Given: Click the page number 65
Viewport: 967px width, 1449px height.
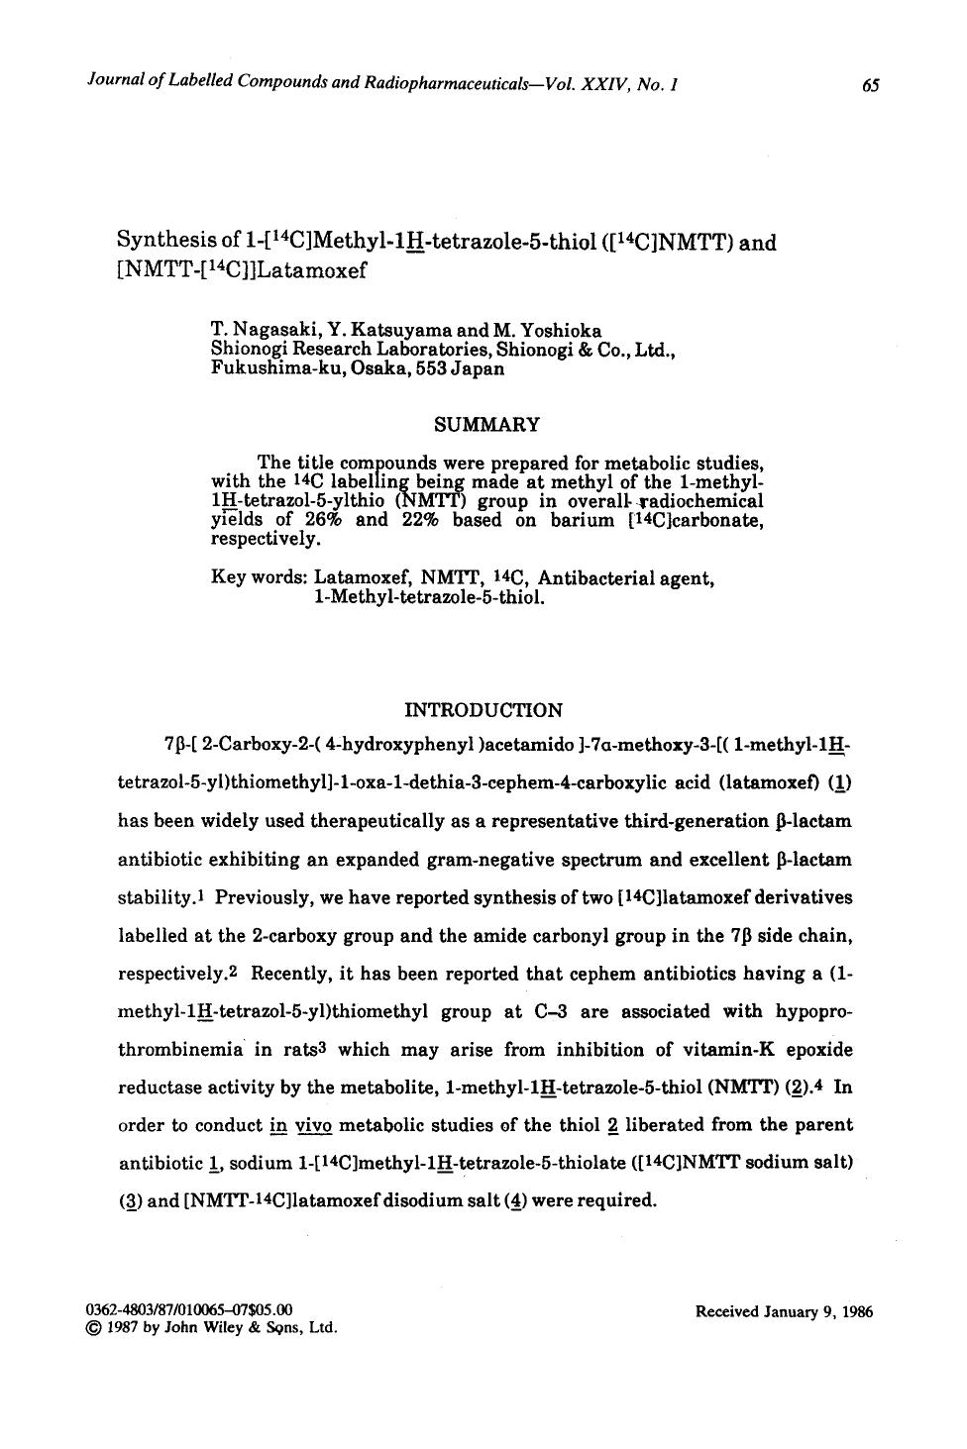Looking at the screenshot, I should [x=871, y=86].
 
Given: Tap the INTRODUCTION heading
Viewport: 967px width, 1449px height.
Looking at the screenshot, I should [x=483, y=709].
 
